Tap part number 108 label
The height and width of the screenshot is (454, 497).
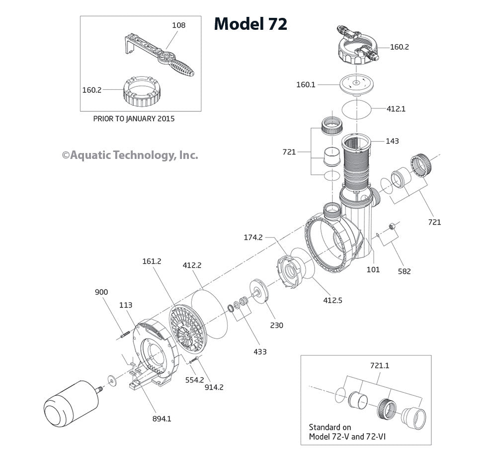[178, 25]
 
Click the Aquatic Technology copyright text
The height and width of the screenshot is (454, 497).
[130, 155]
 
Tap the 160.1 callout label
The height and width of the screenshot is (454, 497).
[306, 84]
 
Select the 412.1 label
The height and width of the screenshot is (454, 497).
[396, 108]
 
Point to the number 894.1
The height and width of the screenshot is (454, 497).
[162, 419]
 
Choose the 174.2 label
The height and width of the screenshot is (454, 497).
[253, 237]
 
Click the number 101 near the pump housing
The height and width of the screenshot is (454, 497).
[373, 270]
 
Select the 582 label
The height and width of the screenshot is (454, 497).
[404, 271]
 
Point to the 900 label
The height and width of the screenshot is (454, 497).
[101, 292]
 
